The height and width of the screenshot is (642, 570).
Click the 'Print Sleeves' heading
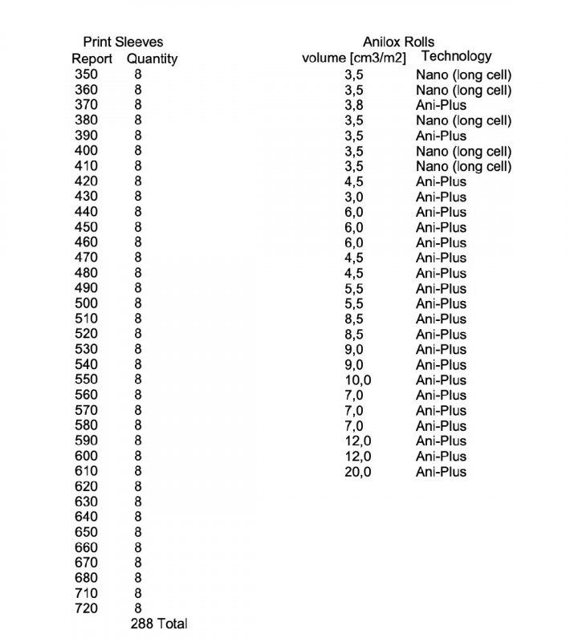pos(123,42)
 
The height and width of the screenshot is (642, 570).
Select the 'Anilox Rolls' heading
pos(398,42)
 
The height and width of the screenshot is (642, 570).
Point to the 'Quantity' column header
pos(152,59)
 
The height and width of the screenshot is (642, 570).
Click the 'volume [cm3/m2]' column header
pos(353,58)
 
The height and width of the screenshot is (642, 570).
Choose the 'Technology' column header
pos(456,56)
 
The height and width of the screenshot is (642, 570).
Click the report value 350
pos(86,75)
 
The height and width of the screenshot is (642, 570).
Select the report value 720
pos(86,608)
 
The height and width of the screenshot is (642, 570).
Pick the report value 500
pos(86,303)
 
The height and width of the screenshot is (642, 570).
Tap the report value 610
pos(86,471)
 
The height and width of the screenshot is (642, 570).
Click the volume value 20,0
pos(357,472)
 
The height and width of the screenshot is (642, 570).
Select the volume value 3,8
pos(354,105)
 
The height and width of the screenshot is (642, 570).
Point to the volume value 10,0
pos(357,380)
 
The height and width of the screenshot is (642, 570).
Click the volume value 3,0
pos(354,197)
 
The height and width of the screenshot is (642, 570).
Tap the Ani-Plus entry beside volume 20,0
pos(441,472)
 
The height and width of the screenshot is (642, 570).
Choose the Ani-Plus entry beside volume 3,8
pos(441,105)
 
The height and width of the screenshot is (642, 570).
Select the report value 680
pos(86,578)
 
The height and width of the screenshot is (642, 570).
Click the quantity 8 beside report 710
pos(138,593)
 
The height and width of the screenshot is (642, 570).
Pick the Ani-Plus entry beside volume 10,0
pos(441,380)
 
